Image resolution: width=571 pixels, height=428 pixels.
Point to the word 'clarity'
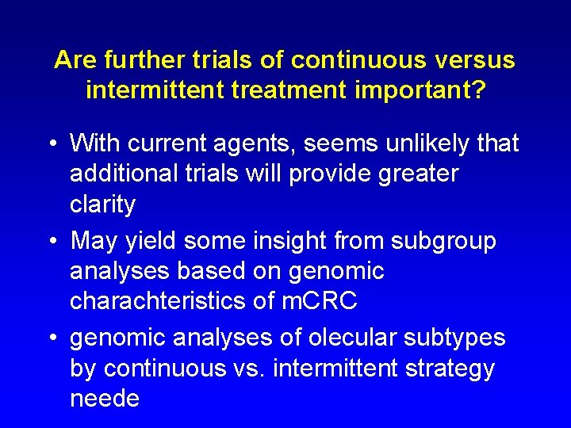pyautogui.click(x=102, y=204)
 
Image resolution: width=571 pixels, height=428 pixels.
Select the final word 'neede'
pyautogui.click(x=104, y=399)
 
